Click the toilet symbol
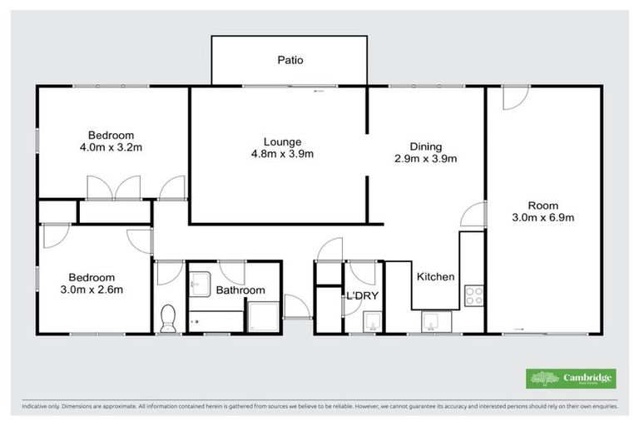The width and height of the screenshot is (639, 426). click(x=169, y=318)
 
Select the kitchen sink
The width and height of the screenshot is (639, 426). click(x=433, y=320)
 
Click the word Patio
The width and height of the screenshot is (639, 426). click(x=290, y=60)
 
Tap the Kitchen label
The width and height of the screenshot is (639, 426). click(x=435, y=277)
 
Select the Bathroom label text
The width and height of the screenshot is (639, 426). click(x=240, y=290)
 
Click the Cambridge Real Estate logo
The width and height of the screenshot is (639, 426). click(x=572, y=379)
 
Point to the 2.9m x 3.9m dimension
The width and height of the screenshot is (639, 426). click(x=425, y=158)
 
